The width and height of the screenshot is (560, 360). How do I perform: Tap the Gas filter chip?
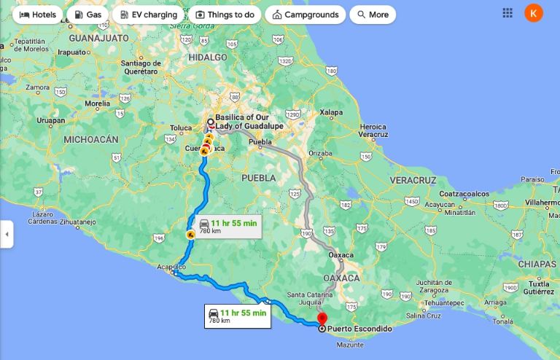[87, 15]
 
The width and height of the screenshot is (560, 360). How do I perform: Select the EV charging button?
[147, 15]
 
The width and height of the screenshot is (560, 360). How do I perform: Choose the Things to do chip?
[224, 15]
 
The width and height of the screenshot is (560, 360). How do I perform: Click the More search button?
[373, 15]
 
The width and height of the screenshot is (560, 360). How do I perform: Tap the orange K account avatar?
[534, 13]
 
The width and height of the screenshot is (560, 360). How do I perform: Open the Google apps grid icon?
[507, 13]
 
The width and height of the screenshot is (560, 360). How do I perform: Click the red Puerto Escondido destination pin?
[322, 319]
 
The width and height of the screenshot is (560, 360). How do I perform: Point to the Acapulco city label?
[171, 267]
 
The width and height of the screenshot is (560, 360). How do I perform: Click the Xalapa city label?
[331, 112]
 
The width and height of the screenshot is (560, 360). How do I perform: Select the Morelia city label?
[97, 103]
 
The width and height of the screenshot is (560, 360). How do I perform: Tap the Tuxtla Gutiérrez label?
[539, 287]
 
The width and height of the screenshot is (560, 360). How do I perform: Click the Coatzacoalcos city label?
[463, 194]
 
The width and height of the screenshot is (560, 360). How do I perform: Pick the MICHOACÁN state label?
[91, 138]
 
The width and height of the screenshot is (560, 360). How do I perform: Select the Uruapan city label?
[52, 120]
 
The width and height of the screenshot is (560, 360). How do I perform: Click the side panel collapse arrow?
[7, 234]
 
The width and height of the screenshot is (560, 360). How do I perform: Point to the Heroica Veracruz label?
[373, 130]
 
